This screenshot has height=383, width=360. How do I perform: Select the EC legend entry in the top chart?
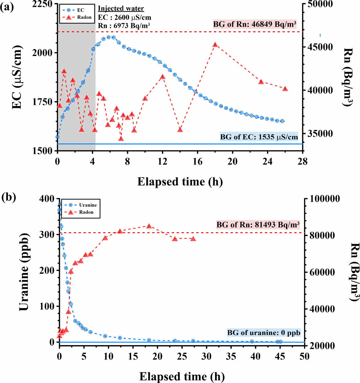pyautogui.click(x=77, y=10)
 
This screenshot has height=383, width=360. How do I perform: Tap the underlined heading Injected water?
pyautogui.click(x=121, y=9)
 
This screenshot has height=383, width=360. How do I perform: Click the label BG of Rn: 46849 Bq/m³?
pyautogui.click(x=254, y=24)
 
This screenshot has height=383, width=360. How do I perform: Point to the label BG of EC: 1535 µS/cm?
pyautogui.click(x=259, y=137)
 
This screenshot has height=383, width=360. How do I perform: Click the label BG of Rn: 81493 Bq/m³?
pyautogui.click(x=258, y=225)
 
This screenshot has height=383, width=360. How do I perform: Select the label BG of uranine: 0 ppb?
pyautogui.click(x=264, y=333)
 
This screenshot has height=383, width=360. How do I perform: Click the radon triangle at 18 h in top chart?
pyautogui.click(x=215, y=45)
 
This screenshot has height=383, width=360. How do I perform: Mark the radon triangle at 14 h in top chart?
pyautogui.click(x=180, y=130)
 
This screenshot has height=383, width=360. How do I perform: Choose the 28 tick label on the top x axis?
pyautogui.click(x=303, y=161)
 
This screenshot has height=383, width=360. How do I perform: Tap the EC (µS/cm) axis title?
pyautogui.click(x=17, y=77)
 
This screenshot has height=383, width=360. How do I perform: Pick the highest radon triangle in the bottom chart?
pyautogui.click(x=149, y=226)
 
